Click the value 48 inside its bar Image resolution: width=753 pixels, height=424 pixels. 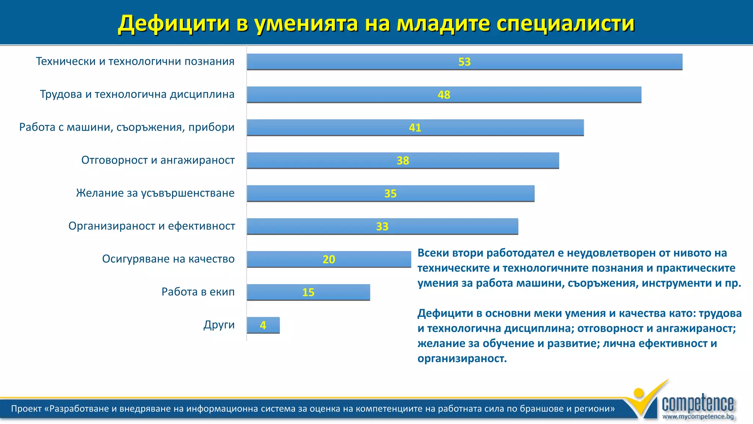pyautogui.click(x=444, y=95)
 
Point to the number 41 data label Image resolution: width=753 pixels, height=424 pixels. pyautogui.click(x=415, y=128)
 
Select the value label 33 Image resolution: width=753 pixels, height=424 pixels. pyautogui.click(x=382, y=226)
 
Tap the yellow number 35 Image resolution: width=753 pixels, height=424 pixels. pyautogui.click(x=390, y=194)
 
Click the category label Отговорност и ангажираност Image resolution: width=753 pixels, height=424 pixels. pyautogui.click(x=158, y=160)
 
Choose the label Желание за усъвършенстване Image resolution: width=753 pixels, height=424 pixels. pyautogui.click(x=155, y=193)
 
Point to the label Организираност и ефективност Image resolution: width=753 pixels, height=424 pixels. pyautogui.click(x=151, y=226)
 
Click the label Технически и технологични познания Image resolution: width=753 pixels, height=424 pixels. pyautogui.click(x=135, y=61)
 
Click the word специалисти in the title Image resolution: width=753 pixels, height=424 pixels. pyautogui.click(x=565, y=24)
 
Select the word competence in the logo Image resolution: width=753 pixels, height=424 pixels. pyautogui.click(x=697, y=404)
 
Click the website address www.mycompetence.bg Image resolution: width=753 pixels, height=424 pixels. pyautogui.click(x=697, y=417)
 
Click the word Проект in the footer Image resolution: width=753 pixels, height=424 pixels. pyautogui.click(x=26, y=409)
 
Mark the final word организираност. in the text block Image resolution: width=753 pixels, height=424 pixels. pyautogui.click(x=462, y=358)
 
